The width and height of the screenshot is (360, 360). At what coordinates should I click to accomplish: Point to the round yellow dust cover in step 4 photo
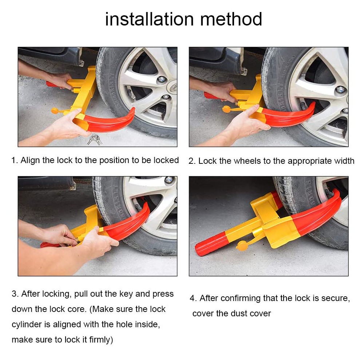coord(242,246)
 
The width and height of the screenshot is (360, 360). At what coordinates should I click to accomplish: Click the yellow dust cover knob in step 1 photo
coord(55,110)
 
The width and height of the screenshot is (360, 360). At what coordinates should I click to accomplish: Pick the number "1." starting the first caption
coord(14,160)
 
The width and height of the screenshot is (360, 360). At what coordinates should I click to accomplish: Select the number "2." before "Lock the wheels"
coord(192,161)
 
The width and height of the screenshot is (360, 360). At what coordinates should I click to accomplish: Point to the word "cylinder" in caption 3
coord(31,324)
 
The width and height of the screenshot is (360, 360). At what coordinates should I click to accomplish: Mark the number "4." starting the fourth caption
coord(193,298)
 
